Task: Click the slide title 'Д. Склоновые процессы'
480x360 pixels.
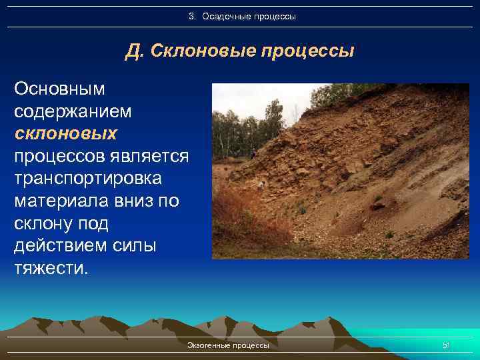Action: tap(239, 51)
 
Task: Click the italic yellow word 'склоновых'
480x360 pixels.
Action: tap(65, 133)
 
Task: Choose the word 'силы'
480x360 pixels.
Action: tap(136, 246)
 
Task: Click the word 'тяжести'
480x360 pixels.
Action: tap(48, 269)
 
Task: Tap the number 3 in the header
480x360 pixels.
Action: tap(191, 15)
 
